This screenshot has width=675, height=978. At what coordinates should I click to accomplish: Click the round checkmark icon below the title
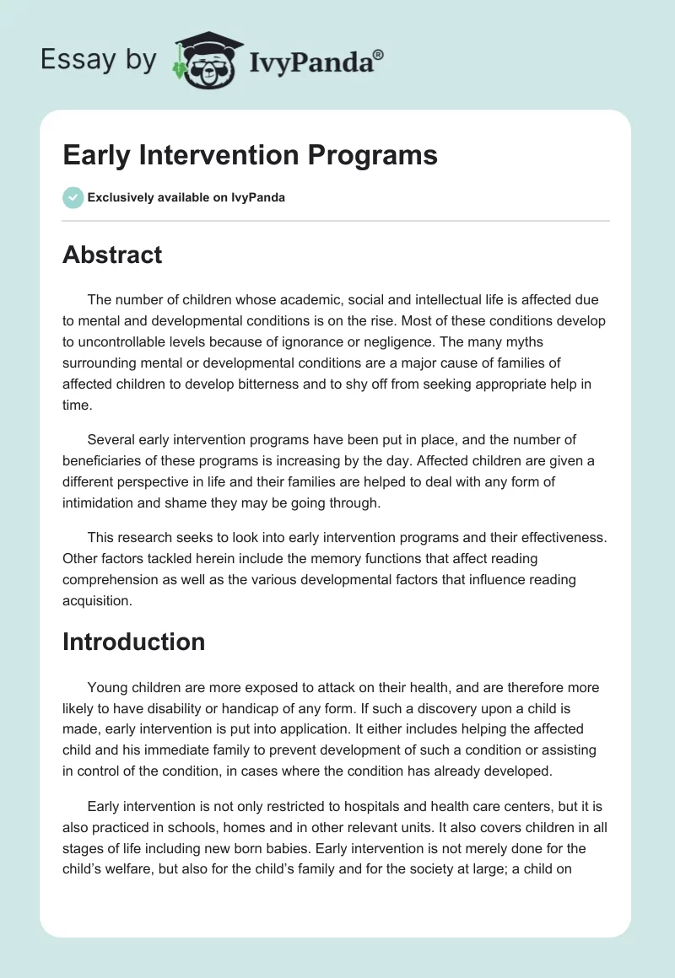[x=73, y=197]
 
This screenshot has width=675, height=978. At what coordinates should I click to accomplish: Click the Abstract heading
[x=112, y=255]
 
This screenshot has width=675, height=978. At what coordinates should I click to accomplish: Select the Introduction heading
[x=133, y=642]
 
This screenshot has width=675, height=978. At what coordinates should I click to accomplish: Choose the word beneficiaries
[x=105, y=459]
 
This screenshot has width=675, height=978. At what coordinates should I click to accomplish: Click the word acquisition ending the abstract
[x=98, y=602]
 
